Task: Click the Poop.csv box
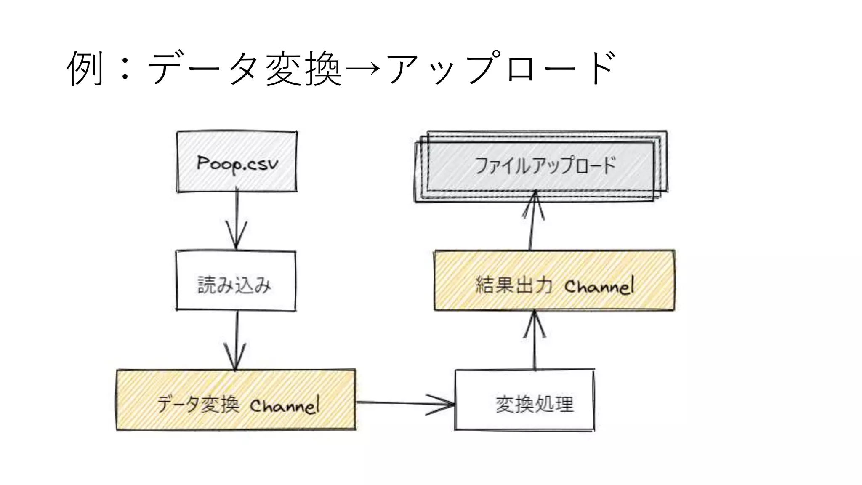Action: coord(237,162)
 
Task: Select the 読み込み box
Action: coord(236,281)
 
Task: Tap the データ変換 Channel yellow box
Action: coord(236,400)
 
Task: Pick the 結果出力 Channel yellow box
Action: coord(554,281)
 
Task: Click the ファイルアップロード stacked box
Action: coord(541,167)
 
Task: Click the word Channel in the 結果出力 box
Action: coord(599,286)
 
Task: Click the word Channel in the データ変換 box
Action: coord(285,405)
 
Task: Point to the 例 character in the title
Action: coord(85,68)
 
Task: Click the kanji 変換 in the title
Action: coord(303,68)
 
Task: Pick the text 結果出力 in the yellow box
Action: coord(513,285)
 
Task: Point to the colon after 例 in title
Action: coord(125,68)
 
